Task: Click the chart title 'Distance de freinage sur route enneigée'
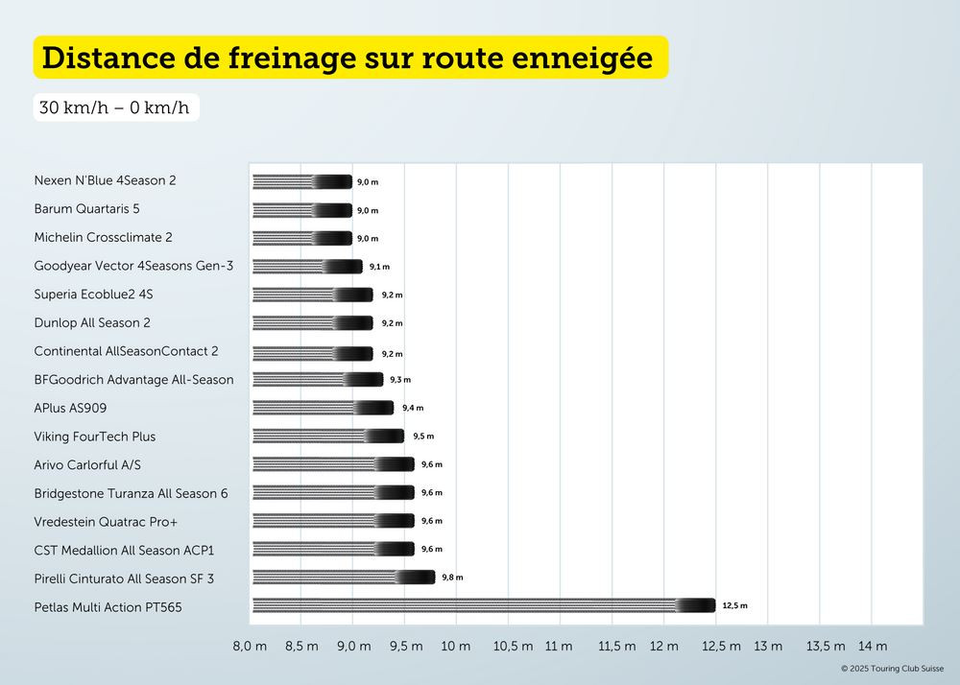(348, 58)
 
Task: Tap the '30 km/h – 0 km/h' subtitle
(114, 106)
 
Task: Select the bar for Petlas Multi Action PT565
(483, 605)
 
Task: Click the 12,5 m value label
(734, 606)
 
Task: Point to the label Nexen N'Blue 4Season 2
(105, 180)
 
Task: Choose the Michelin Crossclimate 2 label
(103, 237)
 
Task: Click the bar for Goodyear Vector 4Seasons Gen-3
(307, 267)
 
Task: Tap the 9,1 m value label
(379, 267)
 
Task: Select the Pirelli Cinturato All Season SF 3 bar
(344, 578)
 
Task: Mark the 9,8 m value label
(452, 578)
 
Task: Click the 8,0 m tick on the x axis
(250, 647)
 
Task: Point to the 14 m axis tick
(873, 647)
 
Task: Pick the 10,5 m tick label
(513, 647)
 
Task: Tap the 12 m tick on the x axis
(664, 647)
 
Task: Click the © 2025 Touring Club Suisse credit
(893, 669)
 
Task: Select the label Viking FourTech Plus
(94, 437)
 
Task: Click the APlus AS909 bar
(323, 408)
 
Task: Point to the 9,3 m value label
(400, 380)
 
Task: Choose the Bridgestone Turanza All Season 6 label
(131, 493)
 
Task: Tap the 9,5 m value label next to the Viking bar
(423, 437)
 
